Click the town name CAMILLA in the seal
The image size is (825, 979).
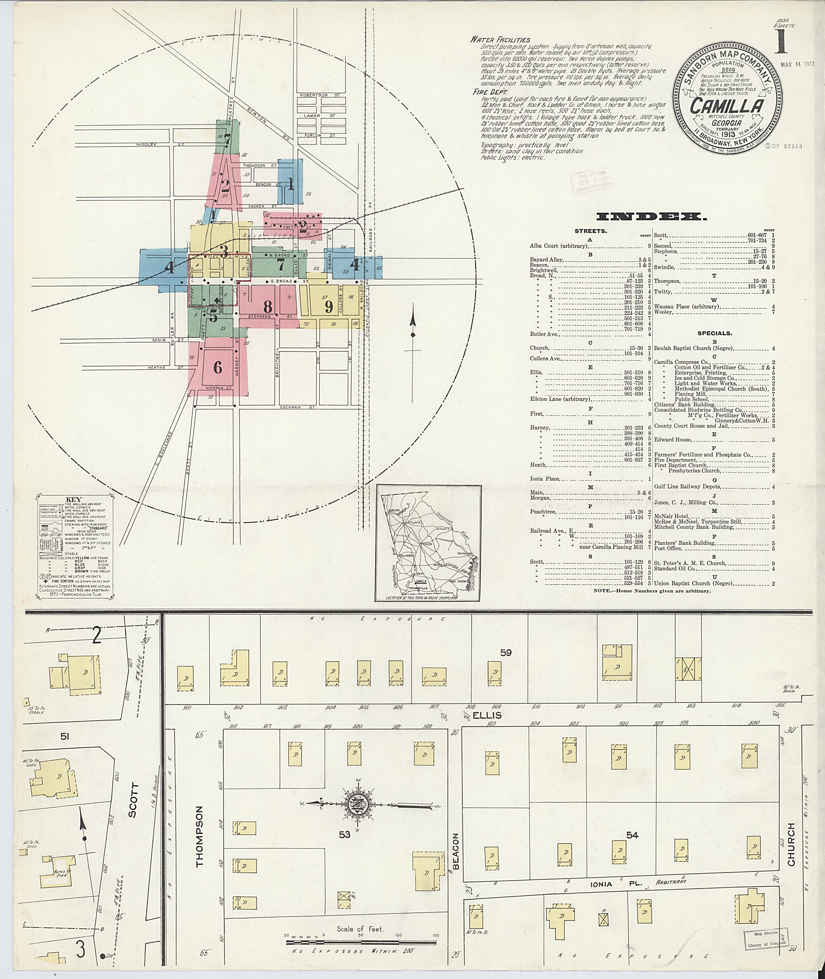tap(726, 106)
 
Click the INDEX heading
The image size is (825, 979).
tap(651, 217)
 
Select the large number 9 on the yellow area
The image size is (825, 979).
tap(329, 307)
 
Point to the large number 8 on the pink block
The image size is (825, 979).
tap(267, 307)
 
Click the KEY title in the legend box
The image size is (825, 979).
tap(73, 499)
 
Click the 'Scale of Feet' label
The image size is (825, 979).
tap(360, 929)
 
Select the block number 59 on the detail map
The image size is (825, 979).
tap(506, 653)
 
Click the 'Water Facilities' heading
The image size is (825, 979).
tap(500, 40)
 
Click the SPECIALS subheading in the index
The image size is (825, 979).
tap(715, 333)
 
